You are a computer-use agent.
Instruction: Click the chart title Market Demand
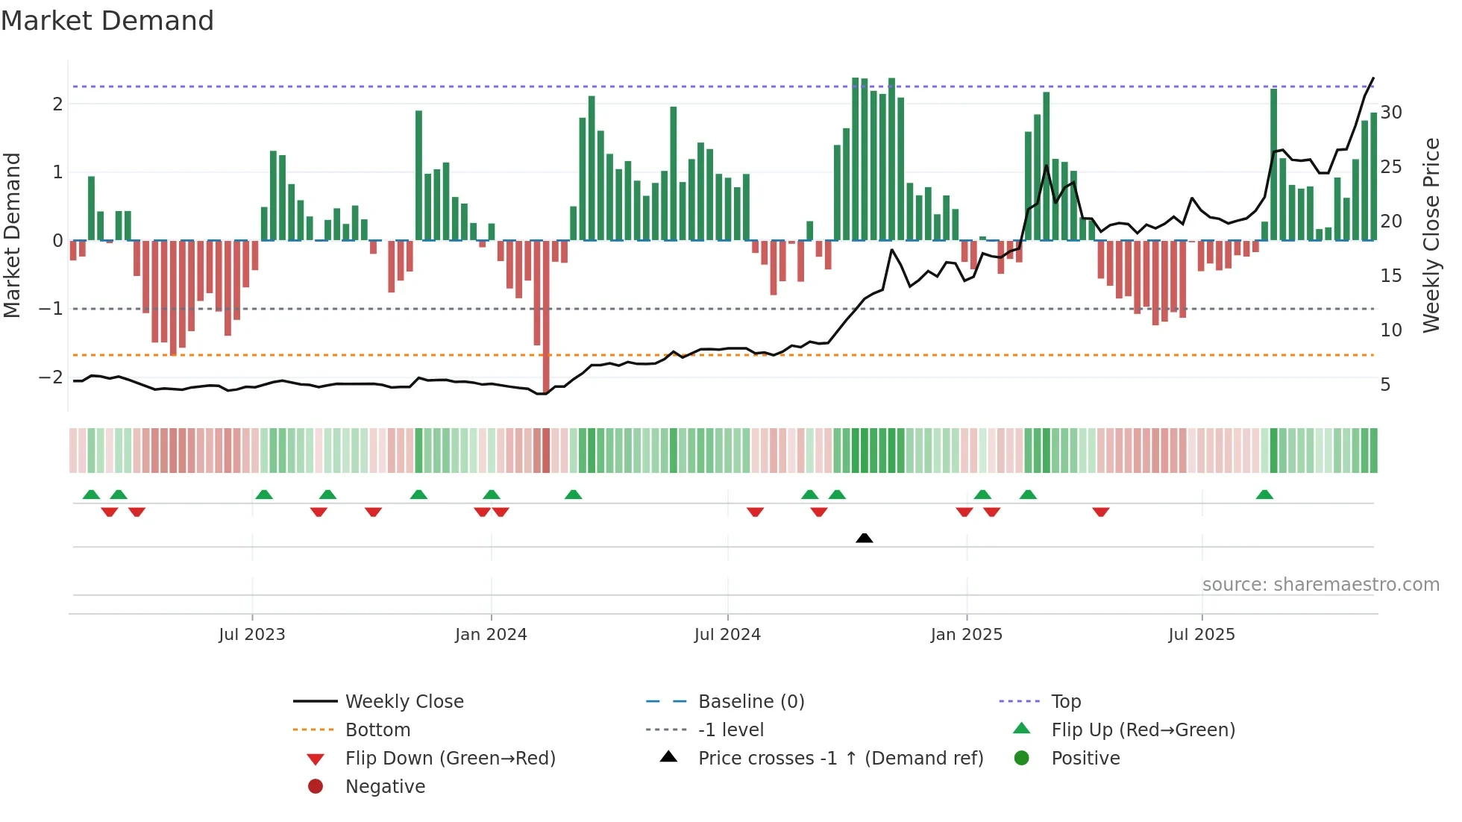pyautogui.click(x=107, y=21)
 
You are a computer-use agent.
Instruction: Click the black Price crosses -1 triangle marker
pyautogui.click(x=864, y=538)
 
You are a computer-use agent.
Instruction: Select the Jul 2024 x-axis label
pyautogui.click(x=727, y=635)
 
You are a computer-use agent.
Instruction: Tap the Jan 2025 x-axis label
pyautogui.click(x=966, y=635)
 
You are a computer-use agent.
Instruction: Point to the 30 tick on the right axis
pyautogui.click(x=1391, y=113)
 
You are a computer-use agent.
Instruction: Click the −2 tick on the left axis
pyautogui.click(x=51, y=377)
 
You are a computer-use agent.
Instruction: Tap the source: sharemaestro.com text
pyautogui.click(x=1320, y=585)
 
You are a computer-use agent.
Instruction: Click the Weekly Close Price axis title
pyautogui.click(x=1431, y=235)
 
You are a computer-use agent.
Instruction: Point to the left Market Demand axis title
pyautogui.click(x=12, y=235)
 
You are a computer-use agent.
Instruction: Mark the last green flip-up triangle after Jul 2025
pyautogui.click(x=1264, y=495)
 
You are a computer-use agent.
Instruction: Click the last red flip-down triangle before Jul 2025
pyautogui.click(x=1101, y=512)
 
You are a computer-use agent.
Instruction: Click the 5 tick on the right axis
pyautogui.click(x=1385, y=385)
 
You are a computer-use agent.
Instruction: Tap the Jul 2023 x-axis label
pyautogui.click(x=252, y=635)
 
